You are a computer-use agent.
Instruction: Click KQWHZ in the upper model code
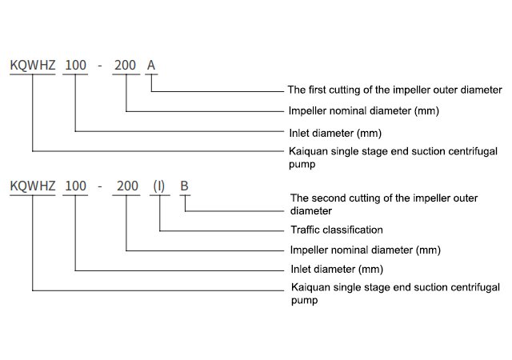(33, 66)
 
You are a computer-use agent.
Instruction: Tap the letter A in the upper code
(151, 66)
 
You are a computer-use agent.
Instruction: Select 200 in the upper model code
(125, 66)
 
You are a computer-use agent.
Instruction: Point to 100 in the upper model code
(75, 66)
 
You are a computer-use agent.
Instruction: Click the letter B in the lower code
(185, 186)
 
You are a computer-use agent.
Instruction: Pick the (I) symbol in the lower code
(159, 186)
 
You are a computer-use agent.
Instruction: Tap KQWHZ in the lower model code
(33, 186)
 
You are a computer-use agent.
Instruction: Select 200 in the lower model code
(127, 186)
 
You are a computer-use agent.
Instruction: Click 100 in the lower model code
(75, 186)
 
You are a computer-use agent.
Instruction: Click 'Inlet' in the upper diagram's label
(298, 134)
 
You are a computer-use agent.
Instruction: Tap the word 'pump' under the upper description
(302, 164)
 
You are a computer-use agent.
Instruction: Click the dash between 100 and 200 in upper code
(100, 66)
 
